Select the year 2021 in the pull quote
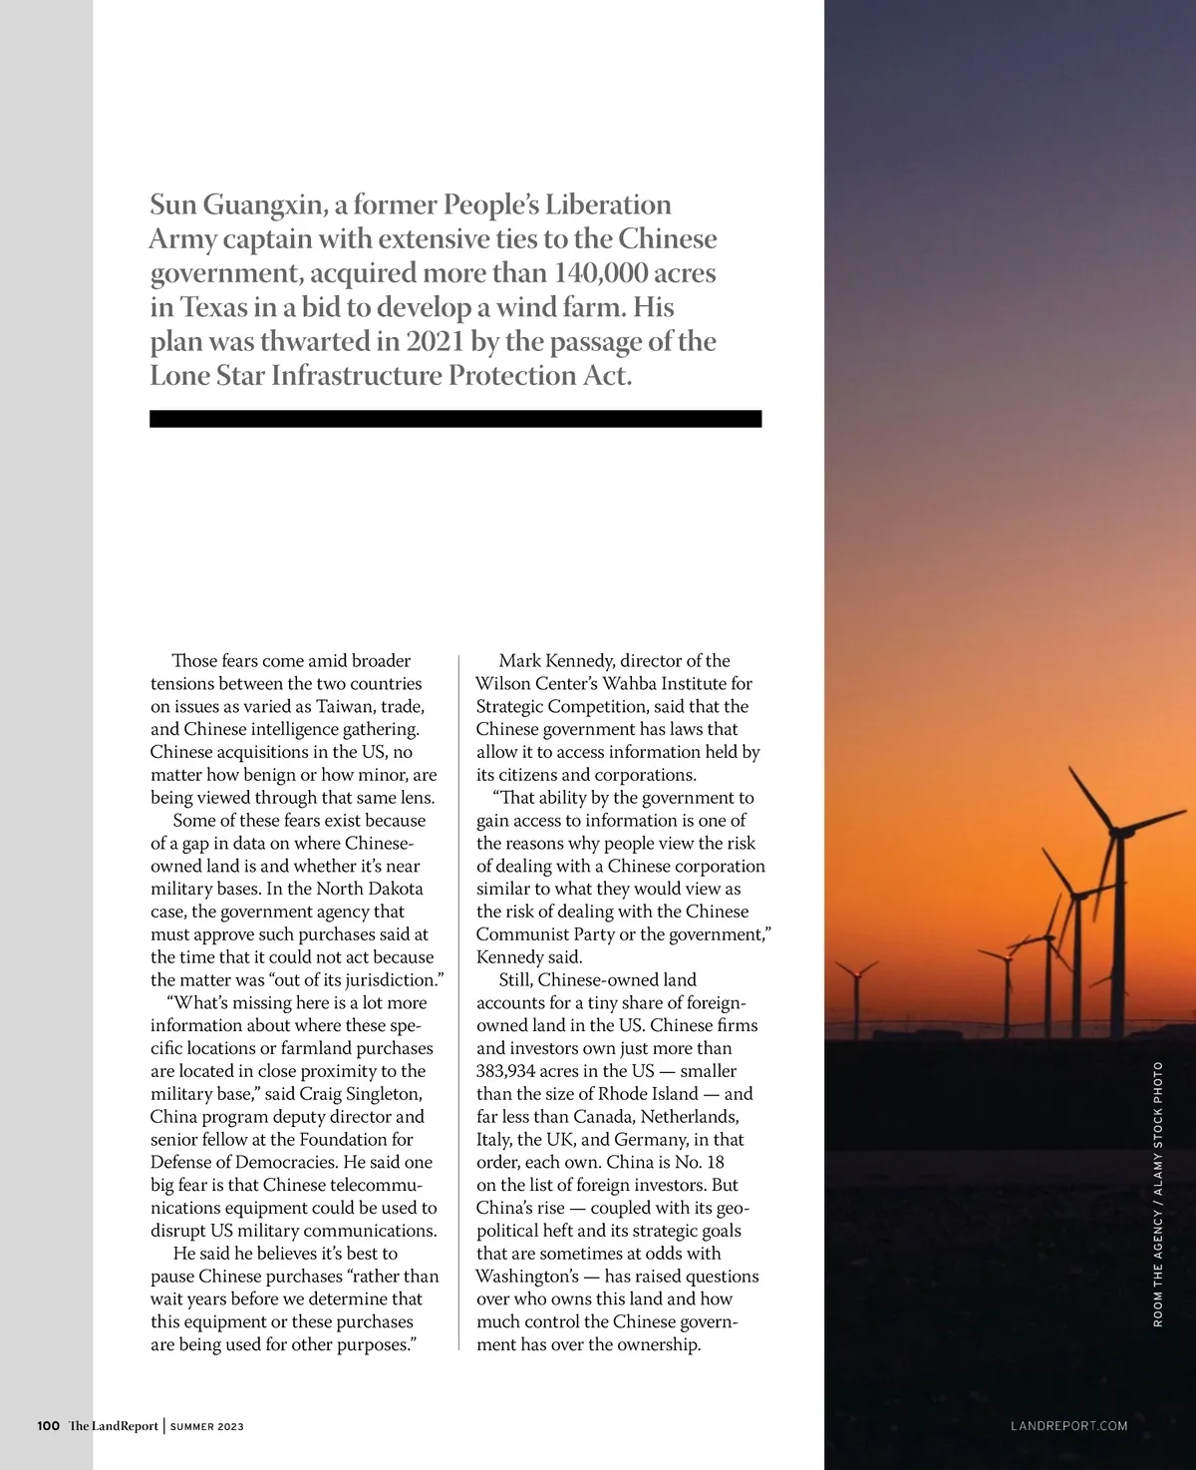click(x=436, y=341)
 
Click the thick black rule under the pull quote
click(x=455, y=419)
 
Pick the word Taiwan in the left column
click(x=345, y=706)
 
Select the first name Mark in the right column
click(x=519, y=660)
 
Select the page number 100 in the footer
click(x=48, y=1426)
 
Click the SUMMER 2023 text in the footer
click(x=207, y=1427)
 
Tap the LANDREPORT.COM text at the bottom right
click(x=1068, y=1426)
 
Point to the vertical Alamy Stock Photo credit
click(x=1158, y=1128)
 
